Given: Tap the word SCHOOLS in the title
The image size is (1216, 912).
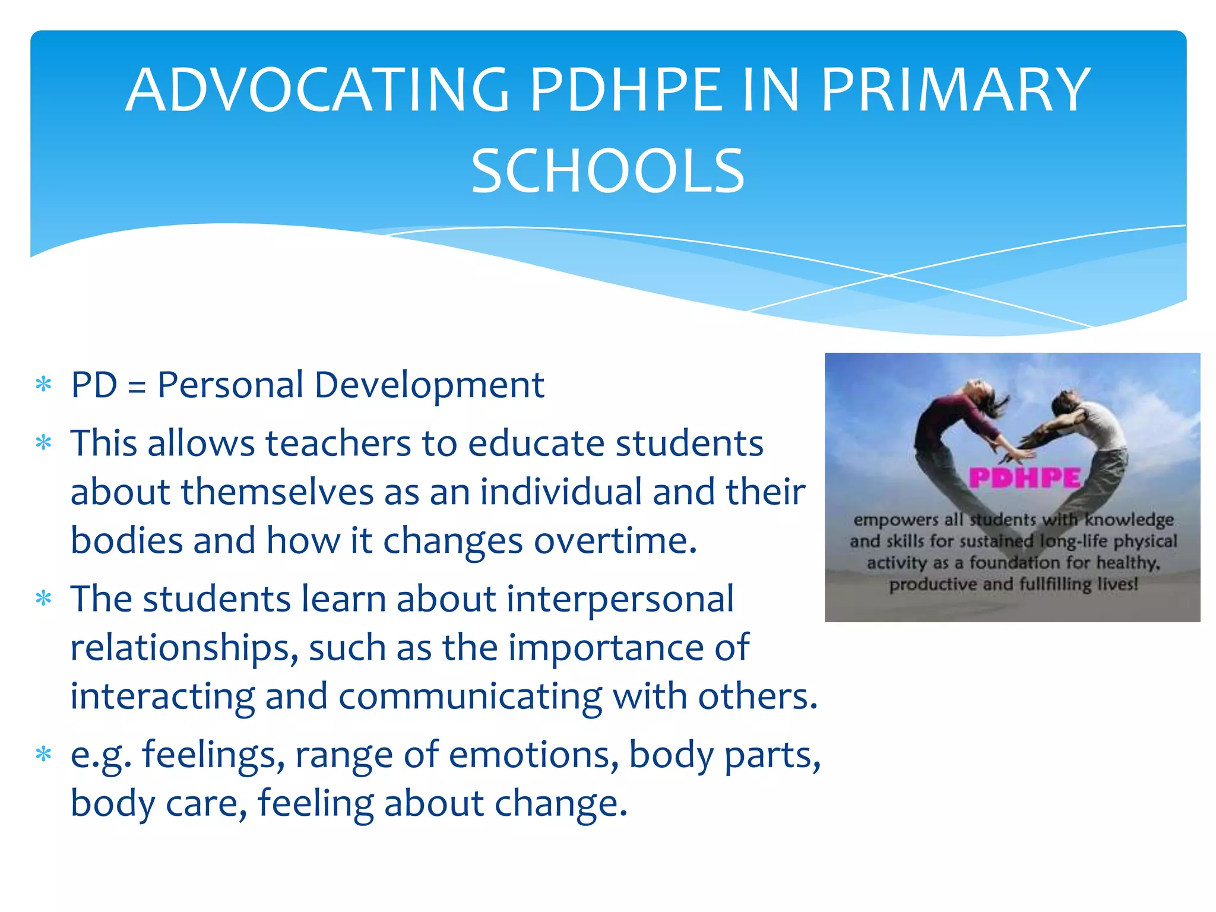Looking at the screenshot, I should tap(607, 172).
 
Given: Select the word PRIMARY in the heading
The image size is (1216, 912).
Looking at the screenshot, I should tap(955, 90).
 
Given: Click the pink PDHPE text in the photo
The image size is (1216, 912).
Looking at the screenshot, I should tap(1025, 478).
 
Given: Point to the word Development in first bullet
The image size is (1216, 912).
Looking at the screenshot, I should tap(429, 385).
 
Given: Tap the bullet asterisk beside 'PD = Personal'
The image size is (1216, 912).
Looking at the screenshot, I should tap(44, 385).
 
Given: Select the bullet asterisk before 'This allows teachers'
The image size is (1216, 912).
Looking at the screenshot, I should tap(44, 443).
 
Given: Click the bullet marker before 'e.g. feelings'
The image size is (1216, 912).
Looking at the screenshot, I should tap(44, 755).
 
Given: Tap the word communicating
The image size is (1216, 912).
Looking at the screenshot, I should tap(470, 696).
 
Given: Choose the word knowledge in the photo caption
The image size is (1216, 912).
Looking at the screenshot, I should tap(1129, 520).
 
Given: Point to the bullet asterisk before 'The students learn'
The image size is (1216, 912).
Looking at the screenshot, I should tap(44, 598).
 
